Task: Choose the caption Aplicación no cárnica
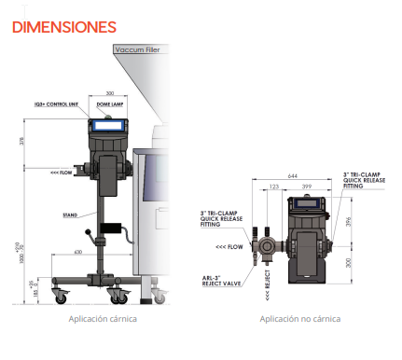299,318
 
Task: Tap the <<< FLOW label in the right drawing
229,246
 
